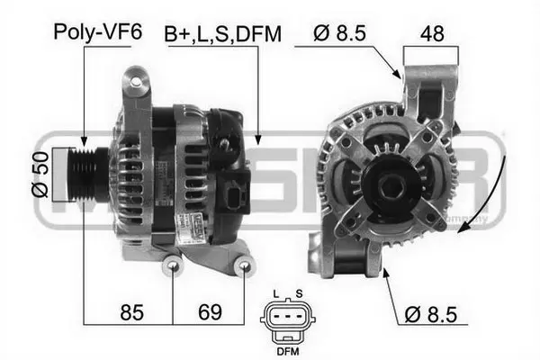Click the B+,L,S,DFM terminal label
(222, 34)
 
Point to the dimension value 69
(209, 314)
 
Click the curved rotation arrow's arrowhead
(463, 229)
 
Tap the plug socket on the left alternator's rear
(237, 197)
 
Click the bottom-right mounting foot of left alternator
(243, 266)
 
